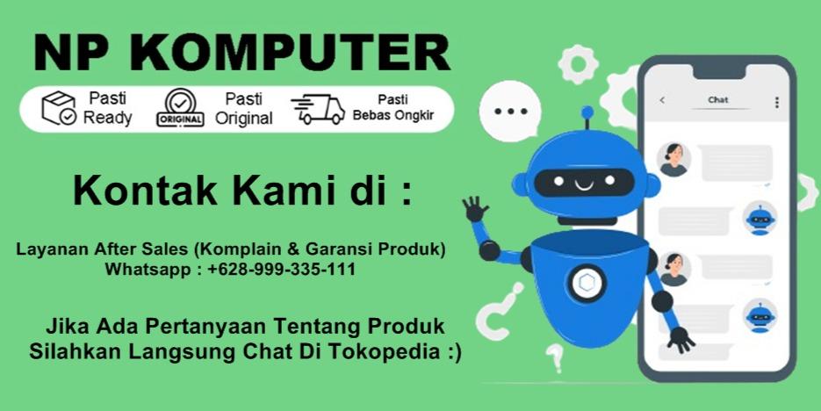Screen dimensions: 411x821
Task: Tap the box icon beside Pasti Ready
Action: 58,108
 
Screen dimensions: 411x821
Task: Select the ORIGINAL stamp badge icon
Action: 180,109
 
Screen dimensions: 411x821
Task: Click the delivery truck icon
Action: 317,109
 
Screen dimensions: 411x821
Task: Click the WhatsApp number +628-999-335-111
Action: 282,270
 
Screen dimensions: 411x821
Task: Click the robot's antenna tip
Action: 586,112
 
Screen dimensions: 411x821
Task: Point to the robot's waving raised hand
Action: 475,209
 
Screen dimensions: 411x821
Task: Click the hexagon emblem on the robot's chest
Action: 586,283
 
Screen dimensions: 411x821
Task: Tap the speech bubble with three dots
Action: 510,112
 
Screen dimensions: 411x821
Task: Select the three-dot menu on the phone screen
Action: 776,102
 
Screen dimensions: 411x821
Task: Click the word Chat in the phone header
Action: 717,100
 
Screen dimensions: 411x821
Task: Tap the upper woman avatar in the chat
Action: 673,159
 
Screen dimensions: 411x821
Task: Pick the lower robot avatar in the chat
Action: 760,316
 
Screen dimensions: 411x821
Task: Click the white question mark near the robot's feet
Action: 554,357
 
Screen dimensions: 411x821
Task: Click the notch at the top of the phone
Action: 717,69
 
